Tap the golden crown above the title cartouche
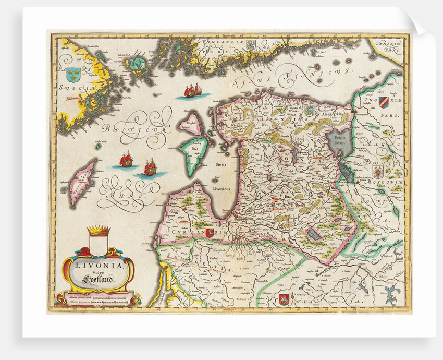99,231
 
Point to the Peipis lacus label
336,138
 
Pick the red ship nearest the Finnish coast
192,91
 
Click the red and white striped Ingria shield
384,102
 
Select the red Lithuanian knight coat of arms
284,299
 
